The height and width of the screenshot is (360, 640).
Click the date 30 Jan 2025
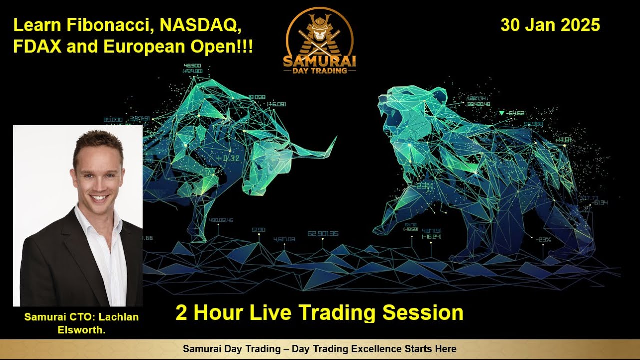(x=550, y=25)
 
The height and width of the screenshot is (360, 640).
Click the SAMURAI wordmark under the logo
(x=319, y=60)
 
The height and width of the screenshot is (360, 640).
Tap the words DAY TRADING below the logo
(x=319, y=70)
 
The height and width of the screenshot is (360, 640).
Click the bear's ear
(x=438, y=95)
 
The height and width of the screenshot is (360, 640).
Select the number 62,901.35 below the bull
(x=323, y=233)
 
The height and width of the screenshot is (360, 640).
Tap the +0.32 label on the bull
(x=228, y=159)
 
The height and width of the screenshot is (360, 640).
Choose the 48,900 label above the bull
(x=192, y=66)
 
